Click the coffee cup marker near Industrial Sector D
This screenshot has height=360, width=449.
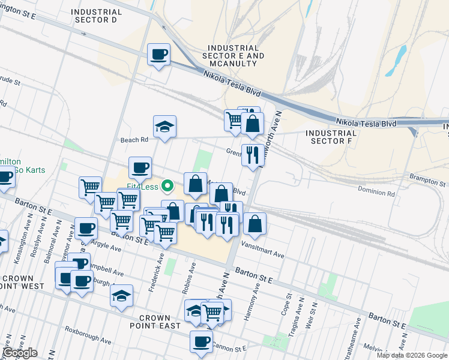point(159,55)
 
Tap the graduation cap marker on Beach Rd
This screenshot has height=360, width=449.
point(164,127)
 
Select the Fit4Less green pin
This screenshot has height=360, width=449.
point(169,187)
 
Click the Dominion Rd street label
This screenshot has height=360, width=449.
point(376,194)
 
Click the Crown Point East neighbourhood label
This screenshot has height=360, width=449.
point(160,322)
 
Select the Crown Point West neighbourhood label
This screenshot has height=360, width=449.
point(22,282)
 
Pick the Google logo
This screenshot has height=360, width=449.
point(20,353)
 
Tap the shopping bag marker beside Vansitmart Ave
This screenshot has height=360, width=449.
point(255,224)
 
